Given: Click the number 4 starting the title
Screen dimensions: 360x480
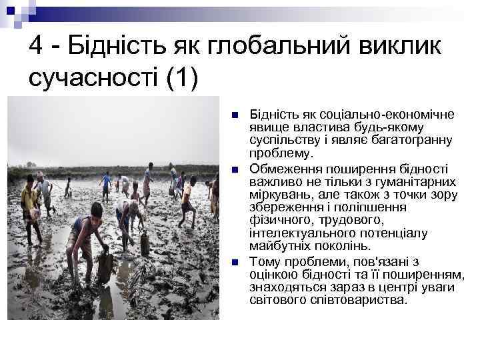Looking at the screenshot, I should click(37, 47).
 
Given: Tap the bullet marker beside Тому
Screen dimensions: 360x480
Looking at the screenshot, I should click(233, 260).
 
